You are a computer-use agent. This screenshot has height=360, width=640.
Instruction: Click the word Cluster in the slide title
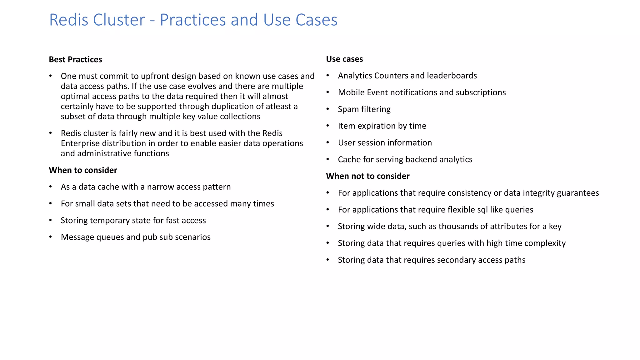click(119, 20)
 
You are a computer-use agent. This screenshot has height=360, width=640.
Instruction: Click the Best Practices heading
click(75, 59)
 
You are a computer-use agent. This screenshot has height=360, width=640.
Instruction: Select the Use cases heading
click(344, 59)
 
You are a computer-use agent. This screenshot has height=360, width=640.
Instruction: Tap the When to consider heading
click(83, 170)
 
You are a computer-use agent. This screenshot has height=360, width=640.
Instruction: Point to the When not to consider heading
click(367, 176)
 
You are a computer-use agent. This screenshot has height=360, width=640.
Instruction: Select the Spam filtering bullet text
click(364, 109)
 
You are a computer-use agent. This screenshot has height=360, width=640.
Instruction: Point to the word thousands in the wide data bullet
click(459, 226)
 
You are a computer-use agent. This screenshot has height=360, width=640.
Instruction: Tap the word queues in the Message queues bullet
click(110, 237)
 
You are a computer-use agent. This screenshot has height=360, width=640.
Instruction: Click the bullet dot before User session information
click(328, 143)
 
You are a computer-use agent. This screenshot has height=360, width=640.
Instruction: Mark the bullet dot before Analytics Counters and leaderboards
click(328, 76)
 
